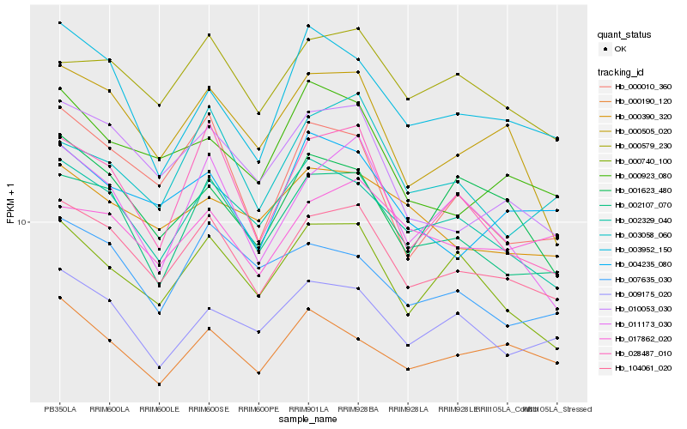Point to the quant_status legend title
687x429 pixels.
coord(624,35)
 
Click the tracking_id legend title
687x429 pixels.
coord(621,71)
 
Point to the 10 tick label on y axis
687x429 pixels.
coord(21,221)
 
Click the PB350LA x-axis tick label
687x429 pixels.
coord(60,408)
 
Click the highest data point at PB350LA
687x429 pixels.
coord(60,22)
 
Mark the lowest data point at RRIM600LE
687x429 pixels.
coord(160,384)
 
